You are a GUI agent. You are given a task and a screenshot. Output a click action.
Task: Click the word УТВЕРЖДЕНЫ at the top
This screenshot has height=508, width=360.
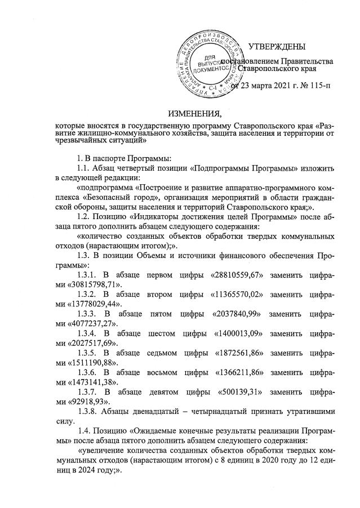pos(277,46)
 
